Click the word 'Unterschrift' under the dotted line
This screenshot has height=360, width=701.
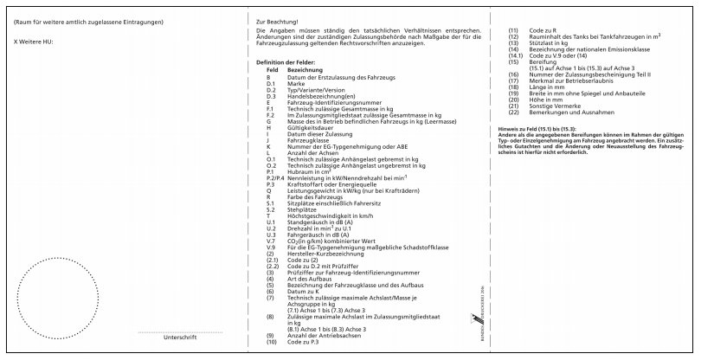(180, 337)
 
